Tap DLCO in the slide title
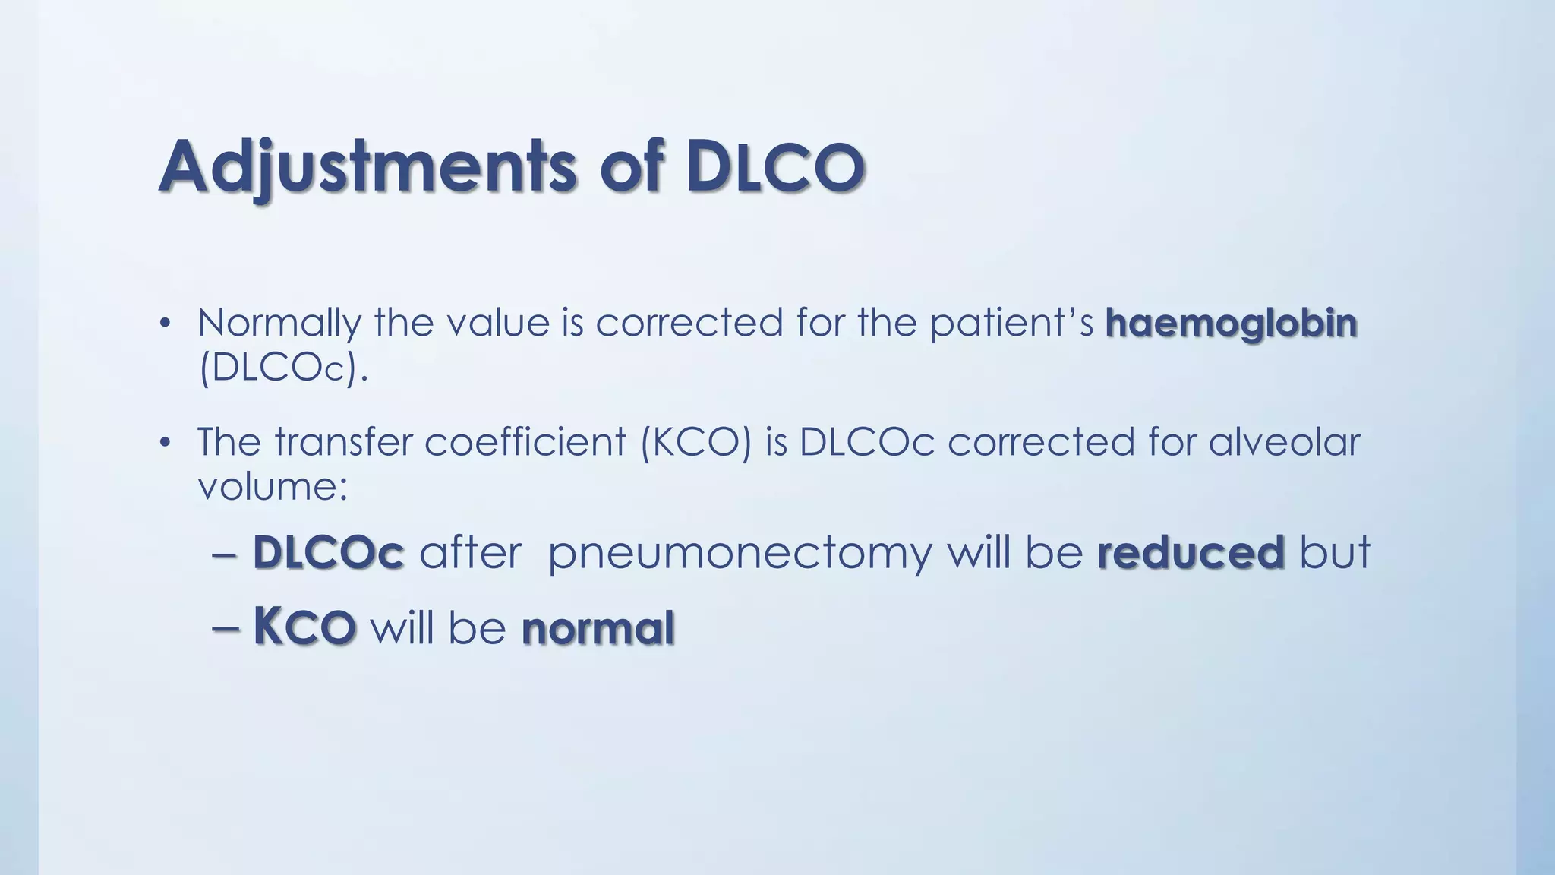[x=774, y=166]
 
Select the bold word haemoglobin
[x=1231, y=322]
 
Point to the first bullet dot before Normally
[x=164, y=324]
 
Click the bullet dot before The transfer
[x=164, y=443]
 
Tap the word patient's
[x=1011, y=322]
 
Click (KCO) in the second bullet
[x=695, y=441]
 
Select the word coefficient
[x=525, y=441]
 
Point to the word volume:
[x=273, y=486]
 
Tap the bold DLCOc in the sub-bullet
[x=328, y=552]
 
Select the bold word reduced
[x=1191, y=552]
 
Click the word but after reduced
[x=1335, y=552]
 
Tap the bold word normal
[x=598, y=629]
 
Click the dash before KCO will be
[x=226, y=629]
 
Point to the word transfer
[x=342, y=441]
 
